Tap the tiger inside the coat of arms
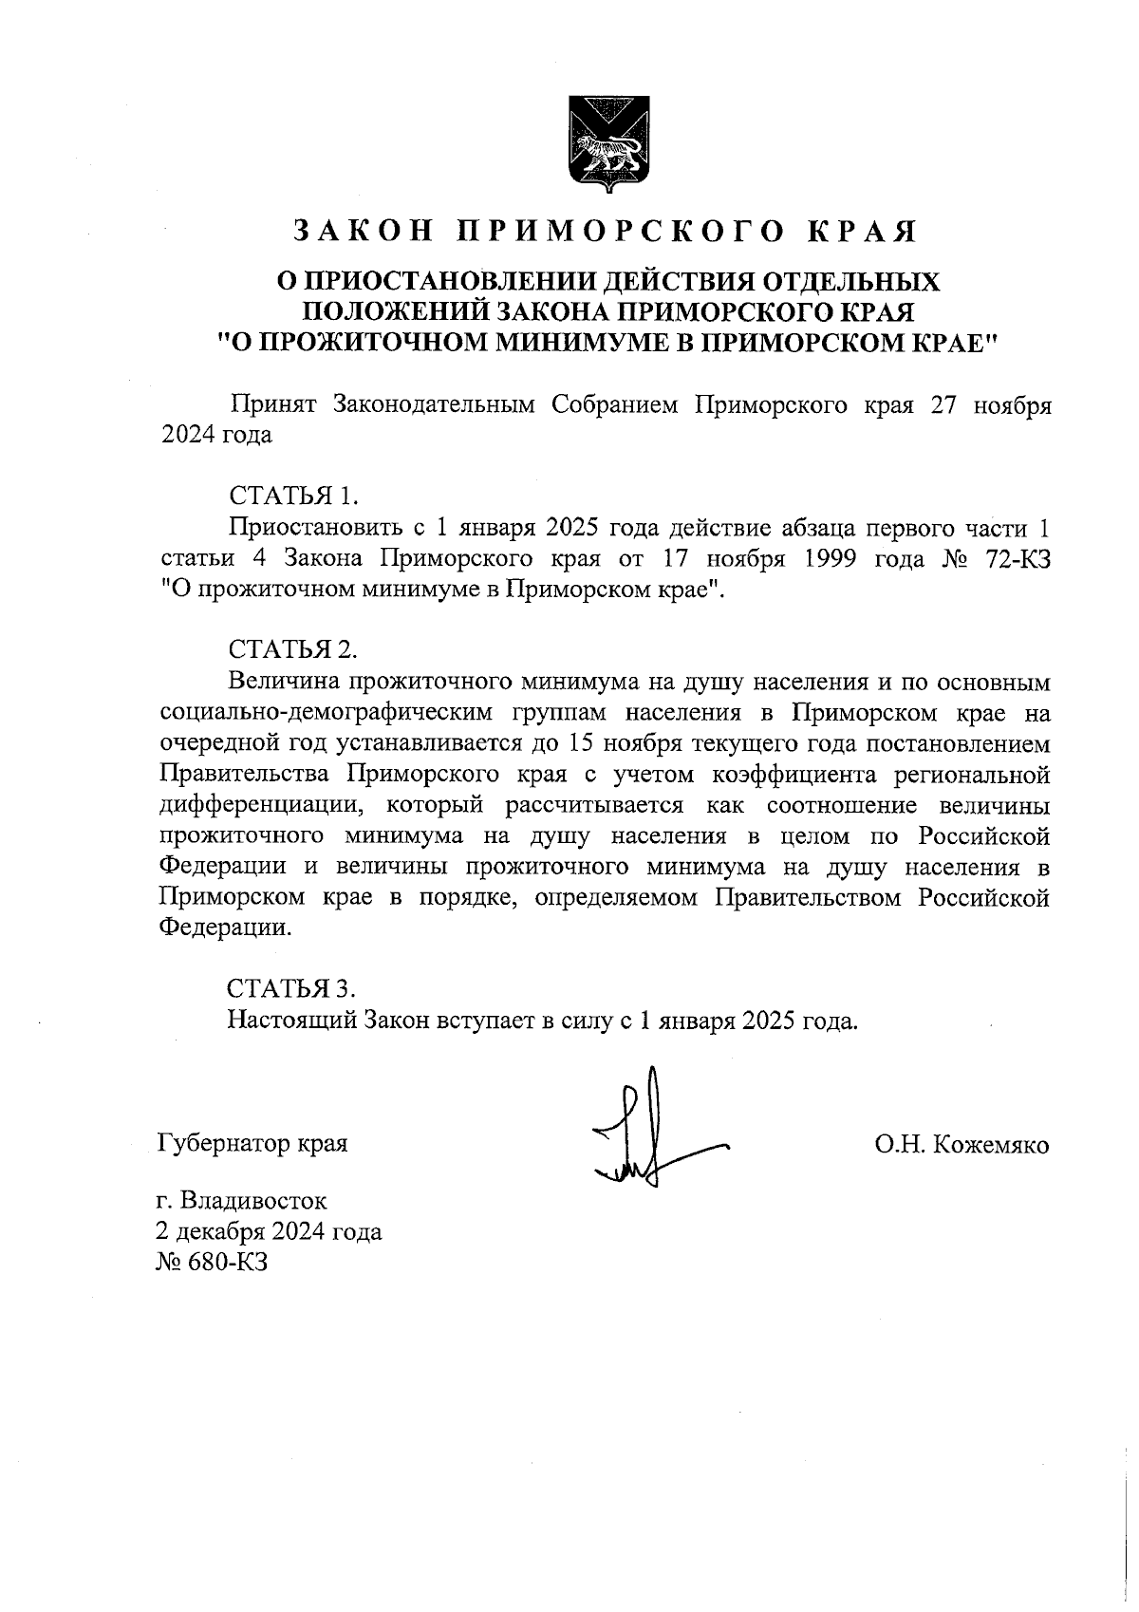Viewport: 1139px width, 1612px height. tap(608, 153)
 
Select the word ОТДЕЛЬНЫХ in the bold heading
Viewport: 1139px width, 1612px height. tap(853, 282)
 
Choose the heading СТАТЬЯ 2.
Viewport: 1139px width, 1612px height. tap(292, 650)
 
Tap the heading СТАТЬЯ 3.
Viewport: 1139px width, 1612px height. tap(292, 989)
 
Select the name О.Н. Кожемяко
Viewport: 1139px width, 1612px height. tap(962, 1145)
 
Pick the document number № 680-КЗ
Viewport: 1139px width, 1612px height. tap(214, 1263)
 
